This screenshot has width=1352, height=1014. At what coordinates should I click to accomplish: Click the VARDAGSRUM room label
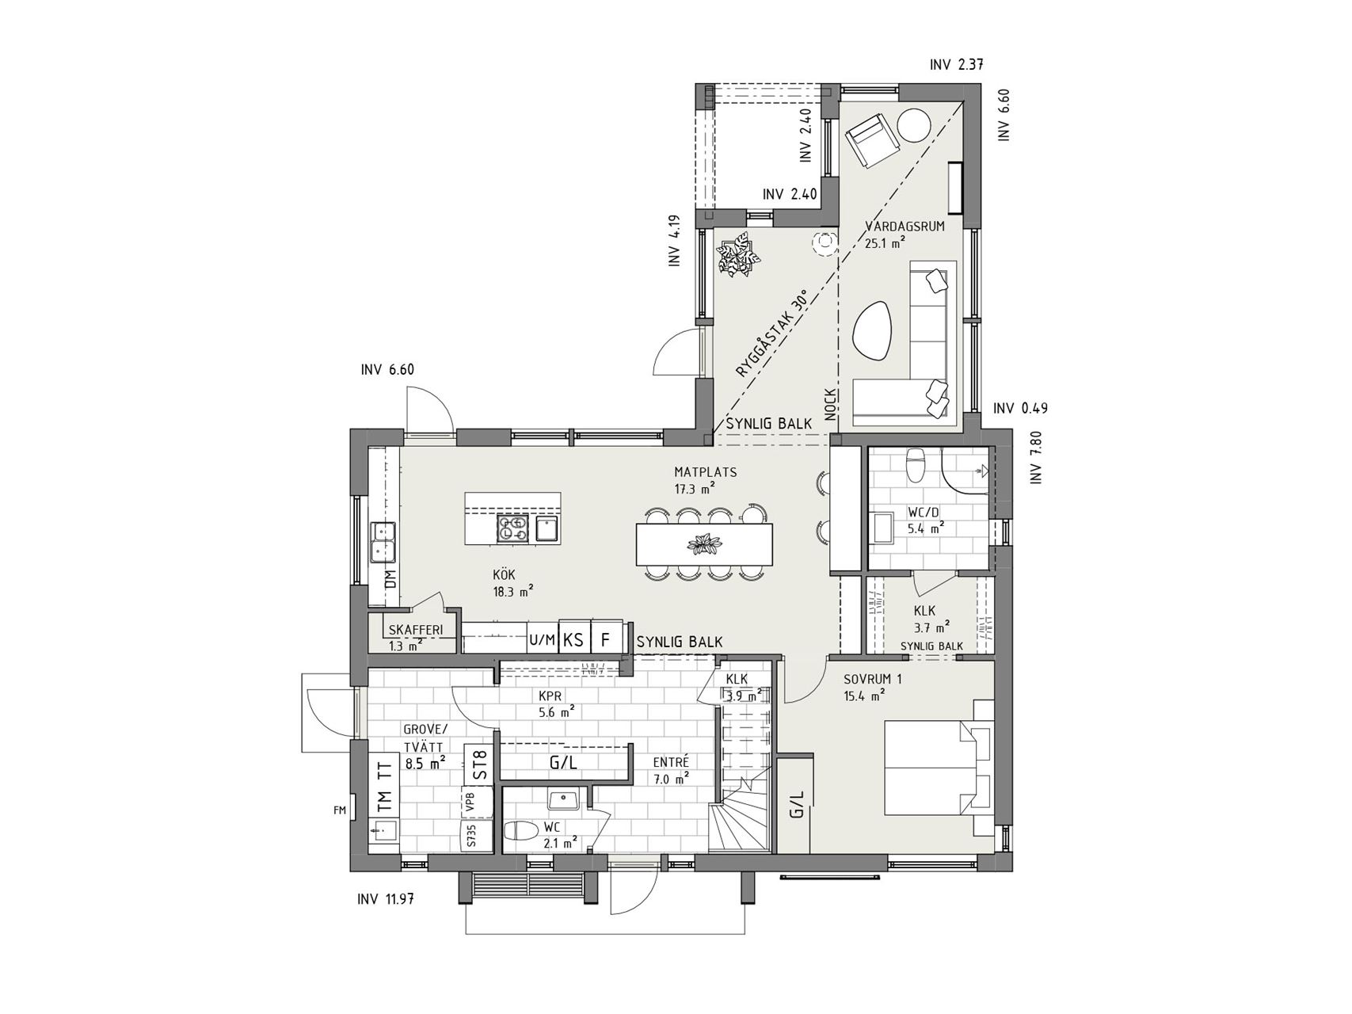(905, 227)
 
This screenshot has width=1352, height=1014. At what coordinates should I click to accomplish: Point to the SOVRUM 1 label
(873, 680)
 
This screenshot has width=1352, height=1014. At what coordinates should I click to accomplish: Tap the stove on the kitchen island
(512, 528)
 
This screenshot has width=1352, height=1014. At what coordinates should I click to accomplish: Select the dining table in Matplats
(704, 544)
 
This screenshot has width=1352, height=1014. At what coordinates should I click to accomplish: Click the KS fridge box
(573, 639)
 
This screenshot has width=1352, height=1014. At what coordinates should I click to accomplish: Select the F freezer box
(606, 639)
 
